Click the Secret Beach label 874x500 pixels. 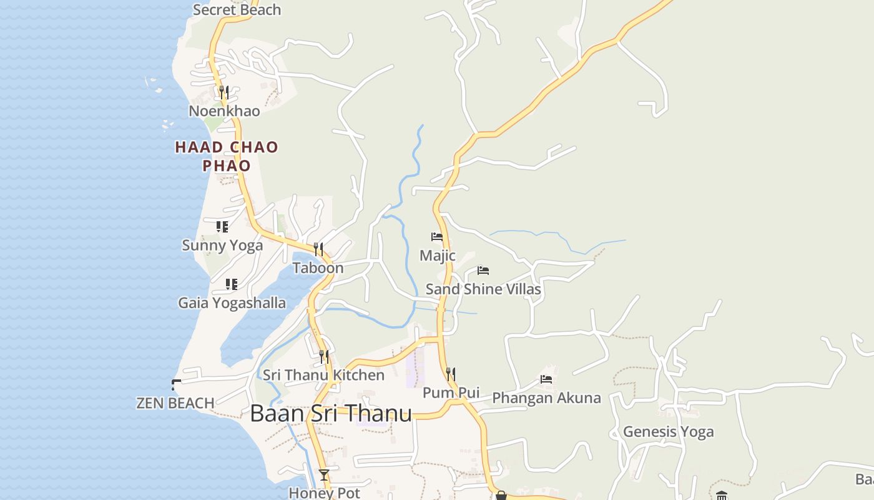(237, 9)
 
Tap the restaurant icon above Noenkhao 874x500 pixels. (224, 92)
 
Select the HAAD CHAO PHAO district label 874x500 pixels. (226, 156)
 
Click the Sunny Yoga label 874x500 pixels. (222, 245)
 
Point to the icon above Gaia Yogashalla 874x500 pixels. (232, 284)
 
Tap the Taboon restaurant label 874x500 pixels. (318, 268)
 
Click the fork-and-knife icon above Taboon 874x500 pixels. (318, 249)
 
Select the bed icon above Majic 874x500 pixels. (437, 237)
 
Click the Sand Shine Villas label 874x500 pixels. (483, 289)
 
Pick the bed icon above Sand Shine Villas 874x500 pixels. (483, 271)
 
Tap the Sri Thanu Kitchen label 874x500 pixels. (323, 375)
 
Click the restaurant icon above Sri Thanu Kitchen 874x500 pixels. (324, 357)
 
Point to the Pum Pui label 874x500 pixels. (451, 392)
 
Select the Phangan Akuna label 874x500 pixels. (546, 398)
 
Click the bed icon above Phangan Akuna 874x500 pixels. (546, 379)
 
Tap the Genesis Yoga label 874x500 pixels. (668, 431)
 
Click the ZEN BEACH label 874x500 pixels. (175, 403)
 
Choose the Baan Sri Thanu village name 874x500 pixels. (331, 414)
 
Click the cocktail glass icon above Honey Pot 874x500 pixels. (324, 475)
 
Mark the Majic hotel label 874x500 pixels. (437, 256)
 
